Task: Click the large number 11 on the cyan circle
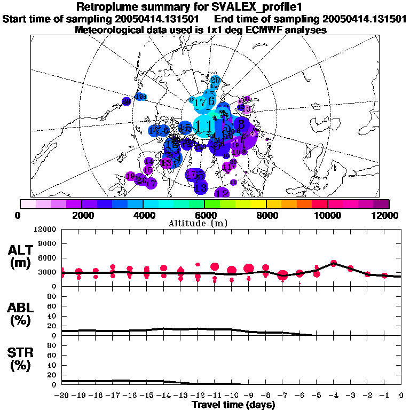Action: coord(203,127)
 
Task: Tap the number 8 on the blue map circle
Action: coord(241,124)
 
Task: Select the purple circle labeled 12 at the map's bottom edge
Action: coord(222,193)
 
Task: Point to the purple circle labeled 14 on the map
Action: coord(149,161)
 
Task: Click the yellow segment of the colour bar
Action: coord(258,204)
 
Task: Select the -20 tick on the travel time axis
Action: coord(62,395)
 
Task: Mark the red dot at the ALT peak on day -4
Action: coord(334,263)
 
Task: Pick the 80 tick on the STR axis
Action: coord(52,345)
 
